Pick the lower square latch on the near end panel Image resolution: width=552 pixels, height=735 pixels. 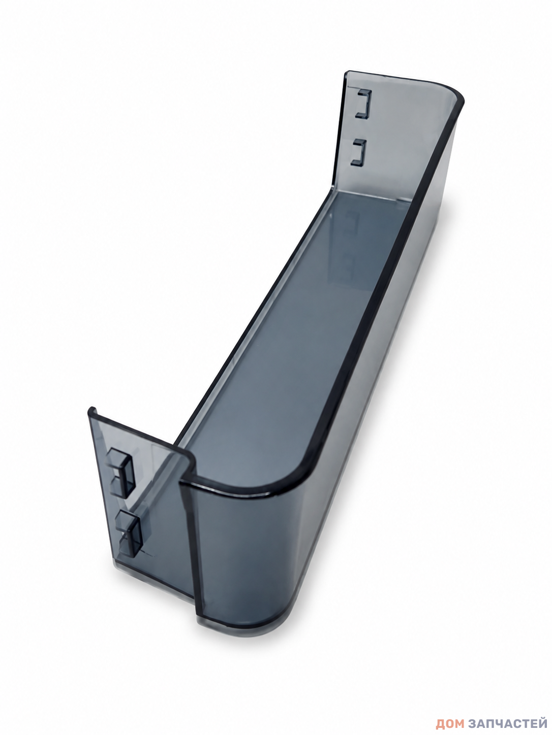coord(129,537)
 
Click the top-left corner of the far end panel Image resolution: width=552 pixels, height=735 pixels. coord(347,72)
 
